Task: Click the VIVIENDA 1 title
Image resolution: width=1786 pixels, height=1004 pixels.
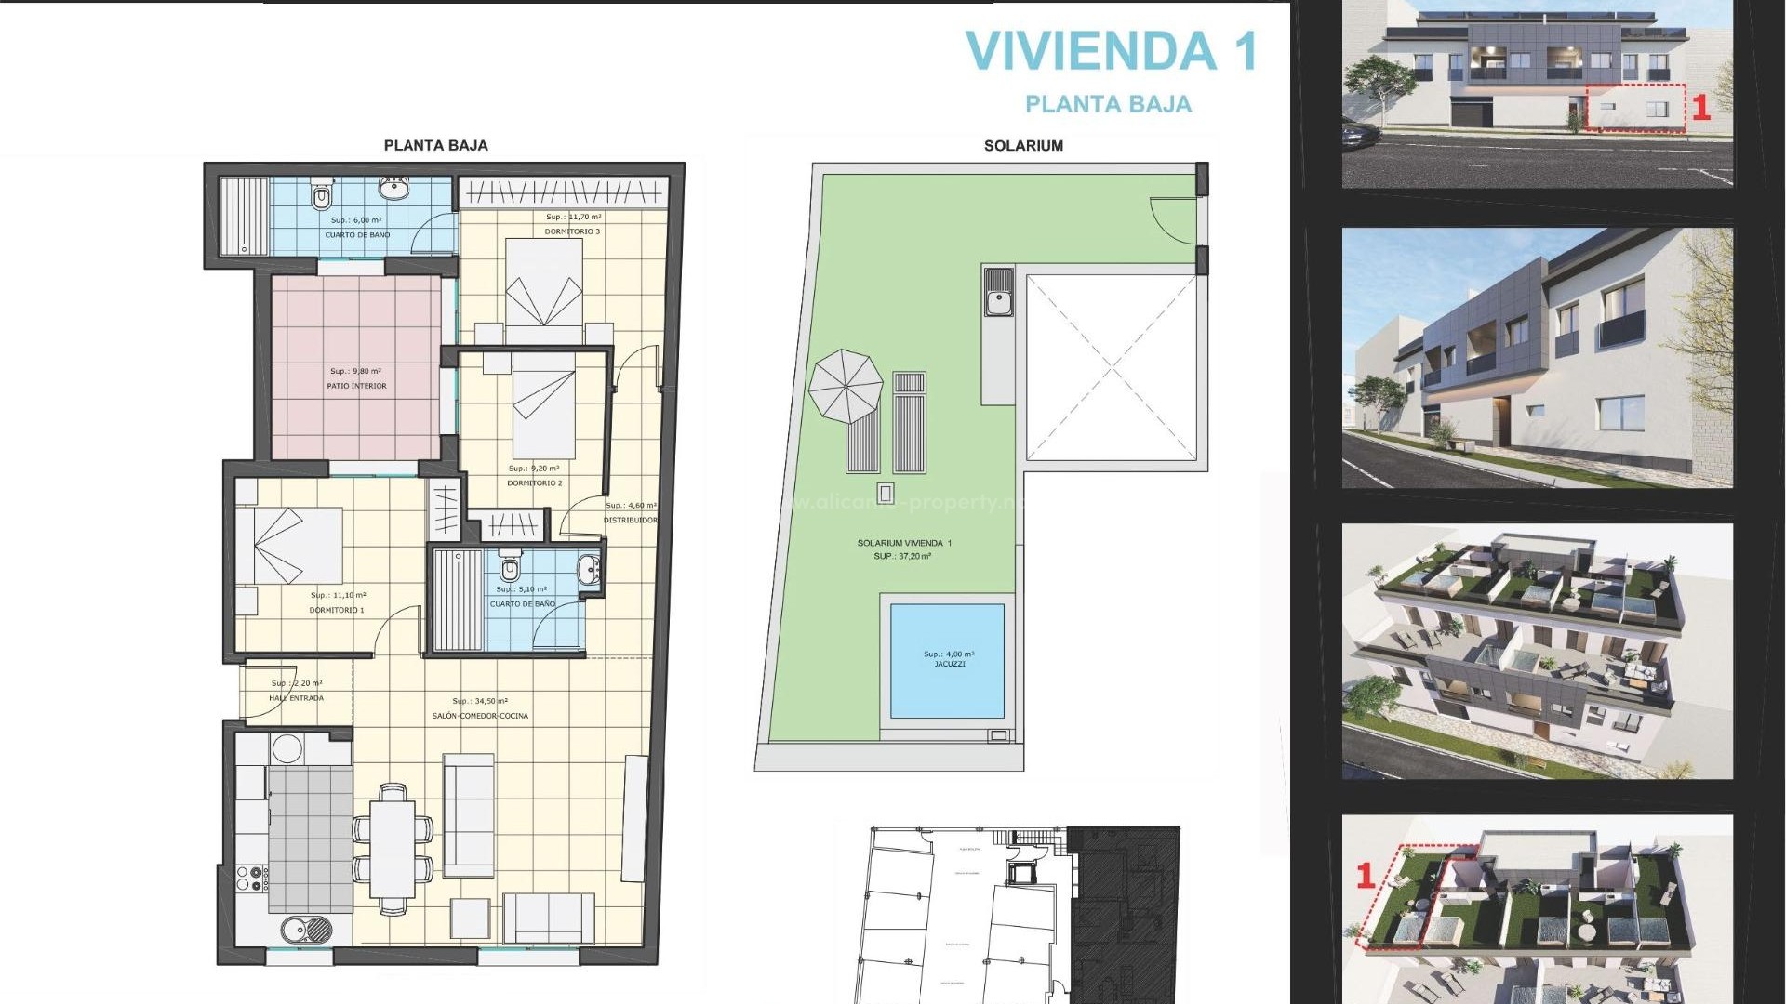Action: coord(1112,51)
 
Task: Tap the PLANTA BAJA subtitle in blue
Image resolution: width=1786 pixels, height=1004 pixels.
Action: coord(1108,104)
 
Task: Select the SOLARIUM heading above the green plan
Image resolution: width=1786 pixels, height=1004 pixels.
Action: coord(1023,146)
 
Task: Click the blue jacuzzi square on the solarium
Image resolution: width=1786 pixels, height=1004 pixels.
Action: coord(947,661)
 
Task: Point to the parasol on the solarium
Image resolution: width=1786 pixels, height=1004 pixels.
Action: coord(845,386)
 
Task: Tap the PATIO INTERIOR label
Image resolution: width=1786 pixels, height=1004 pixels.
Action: coord(356,386)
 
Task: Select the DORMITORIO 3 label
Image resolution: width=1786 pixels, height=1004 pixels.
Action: coord(572,231)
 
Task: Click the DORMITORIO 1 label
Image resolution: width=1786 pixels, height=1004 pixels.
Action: coord(337,611)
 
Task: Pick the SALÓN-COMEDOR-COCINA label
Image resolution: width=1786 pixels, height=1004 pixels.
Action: coord(480,716)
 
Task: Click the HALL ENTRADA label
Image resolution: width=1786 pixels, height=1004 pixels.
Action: coord(296,698)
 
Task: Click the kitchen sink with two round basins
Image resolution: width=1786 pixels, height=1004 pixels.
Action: coord(305,928)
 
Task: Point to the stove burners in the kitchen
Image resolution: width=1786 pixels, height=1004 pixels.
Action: coord(251,879)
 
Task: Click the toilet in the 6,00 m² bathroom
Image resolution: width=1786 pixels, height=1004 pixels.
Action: coord(321,196)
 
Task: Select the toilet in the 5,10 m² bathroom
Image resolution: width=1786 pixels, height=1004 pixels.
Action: coord(509,568)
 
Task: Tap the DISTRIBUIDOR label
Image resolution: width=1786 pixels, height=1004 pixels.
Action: coord(630,521)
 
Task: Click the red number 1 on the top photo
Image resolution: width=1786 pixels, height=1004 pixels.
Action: coord(1700,108)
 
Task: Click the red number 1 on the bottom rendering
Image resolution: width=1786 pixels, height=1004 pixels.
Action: coord(1365,875)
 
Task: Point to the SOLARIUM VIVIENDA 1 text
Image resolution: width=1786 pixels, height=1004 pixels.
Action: coord(903,543)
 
